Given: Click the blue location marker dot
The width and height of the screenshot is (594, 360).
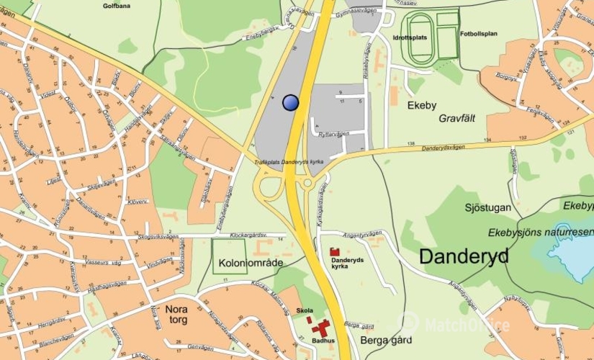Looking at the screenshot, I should click(x=290, y=103).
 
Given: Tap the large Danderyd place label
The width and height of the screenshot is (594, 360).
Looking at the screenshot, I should click(x=464, y=256).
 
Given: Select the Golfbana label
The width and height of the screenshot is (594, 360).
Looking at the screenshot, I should click(x=117, y=5).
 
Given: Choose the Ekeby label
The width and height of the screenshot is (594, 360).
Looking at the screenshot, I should click(x=422, y=106).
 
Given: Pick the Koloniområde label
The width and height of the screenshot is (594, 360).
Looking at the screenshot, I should click(x=251, y=264).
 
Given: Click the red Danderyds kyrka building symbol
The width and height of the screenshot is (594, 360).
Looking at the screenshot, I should click(x=334, y=251).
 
